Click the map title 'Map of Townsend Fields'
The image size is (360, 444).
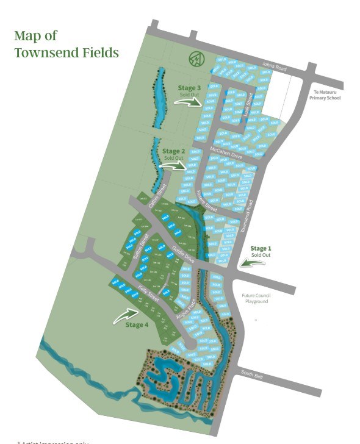tap(66, 44)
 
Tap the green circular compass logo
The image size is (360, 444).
tap(196, 59)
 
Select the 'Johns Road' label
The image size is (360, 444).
tap(274, 66)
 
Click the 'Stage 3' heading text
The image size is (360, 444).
tap(189, 88)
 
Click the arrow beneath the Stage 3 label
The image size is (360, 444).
tap(188, 102)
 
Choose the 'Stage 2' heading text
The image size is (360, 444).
tap(174, 151)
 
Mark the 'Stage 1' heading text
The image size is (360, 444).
tap(259, 248)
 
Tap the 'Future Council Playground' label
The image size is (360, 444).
tap(257, 298)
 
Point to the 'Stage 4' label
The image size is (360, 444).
tap(137, 324)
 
